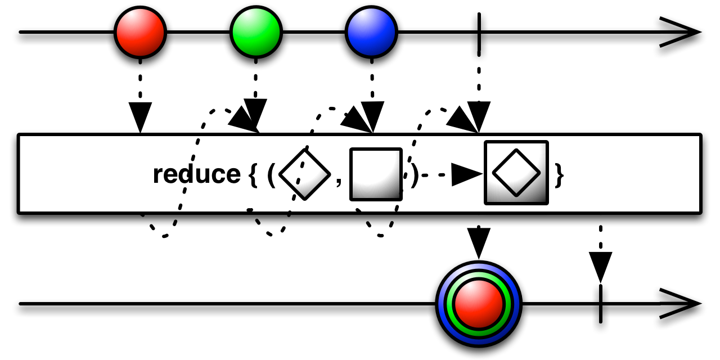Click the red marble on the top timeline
click(x=140, y=32)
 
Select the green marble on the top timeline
click(x=256, y=32)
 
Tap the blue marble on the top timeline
click(x=372, y=32)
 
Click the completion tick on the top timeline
click(x=479, y=35)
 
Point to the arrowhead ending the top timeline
click(x=680, y=32)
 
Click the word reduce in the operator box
click(x=197, y=174)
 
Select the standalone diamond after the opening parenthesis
click(x=305, y=174)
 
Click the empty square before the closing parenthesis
click(x=376, y=174)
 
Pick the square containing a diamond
click(x=516, y=173)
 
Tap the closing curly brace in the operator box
click(x=559, y=175)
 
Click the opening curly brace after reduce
click(x=253, y=175)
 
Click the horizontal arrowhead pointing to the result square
click(x=467, y=174)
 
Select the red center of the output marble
click(x=479, y=304)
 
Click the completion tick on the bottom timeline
click(x=600, y=304)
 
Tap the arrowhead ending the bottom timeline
click(x=680, y=303)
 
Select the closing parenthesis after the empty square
click(x=415, y=175)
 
